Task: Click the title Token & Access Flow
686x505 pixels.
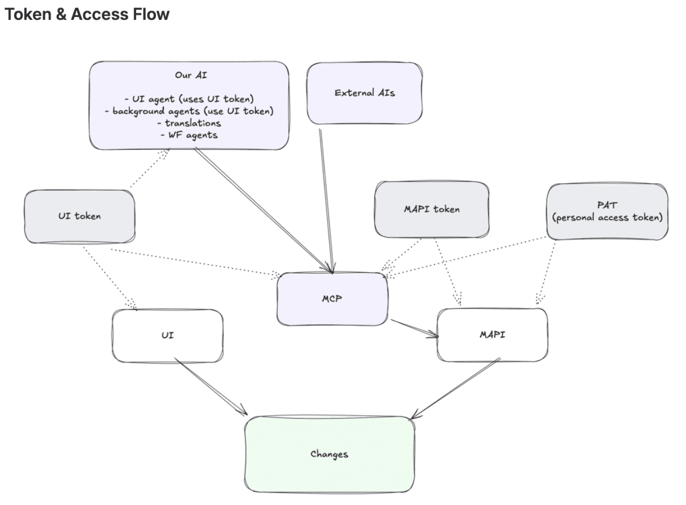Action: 87,15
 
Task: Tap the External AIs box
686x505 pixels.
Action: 364,93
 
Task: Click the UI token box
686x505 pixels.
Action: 79,216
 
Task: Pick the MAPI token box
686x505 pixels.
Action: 431,209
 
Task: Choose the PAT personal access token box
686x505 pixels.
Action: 607,211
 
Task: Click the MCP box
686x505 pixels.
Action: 332,299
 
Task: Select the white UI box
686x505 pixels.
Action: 167,335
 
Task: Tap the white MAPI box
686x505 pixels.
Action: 492,335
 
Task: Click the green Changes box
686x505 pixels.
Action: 329,454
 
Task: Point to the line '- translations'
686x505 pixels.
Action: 189,123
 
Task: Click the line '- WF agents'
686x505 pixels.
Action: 189,135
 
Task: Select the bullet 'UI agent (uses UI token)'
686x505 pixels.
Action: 189,99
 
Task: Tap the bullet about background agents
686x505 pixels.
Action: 189,111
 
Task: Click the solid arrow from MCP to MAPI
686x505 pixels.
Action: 415,328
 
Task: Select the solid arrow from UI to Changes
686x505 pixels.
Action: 210,387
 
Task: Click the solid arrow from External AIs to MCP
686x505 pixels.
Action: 326,198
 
